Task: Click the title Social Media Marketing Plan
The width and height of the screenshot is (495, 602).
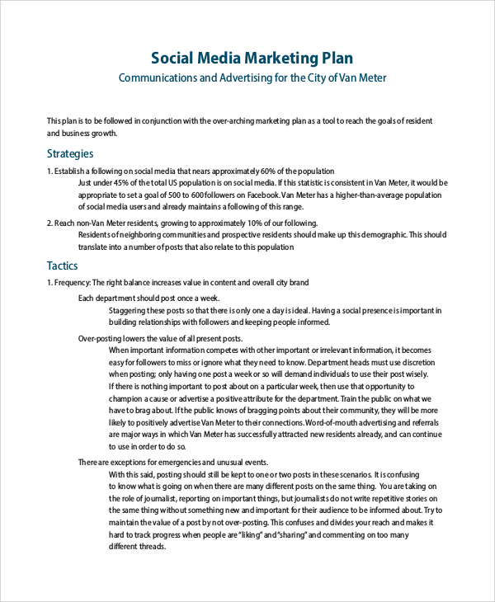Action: coord(252,58)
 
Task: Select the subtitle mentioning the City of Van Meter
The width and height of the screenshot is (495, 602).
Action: coord(252,78)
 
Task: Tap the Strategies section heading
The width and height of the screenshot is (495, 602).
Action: coord(70,153)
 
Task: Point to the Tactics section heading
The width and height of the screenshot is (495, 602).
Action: coord(63,266)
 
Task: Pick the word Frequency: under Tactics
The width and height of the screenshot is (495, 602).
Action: coord(72,283)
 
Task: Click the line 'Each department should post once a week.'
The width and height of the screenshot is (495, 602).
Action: coord(148,298)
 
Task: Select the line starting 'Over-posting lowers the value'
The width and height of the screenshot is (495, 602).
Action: coord(160,338)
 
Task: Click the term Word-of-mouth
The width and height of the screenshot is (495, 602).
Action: coord(332,423)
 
